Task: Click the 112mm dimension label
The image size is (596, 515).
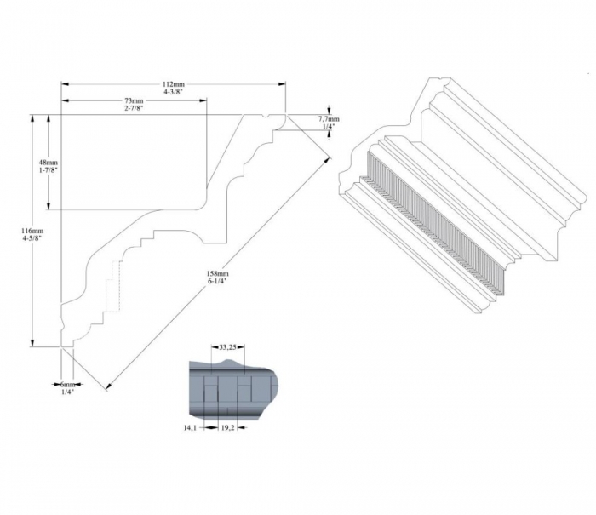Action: tap(174, 84)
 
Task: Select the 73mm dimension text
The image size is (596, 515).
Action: tap(134, 100)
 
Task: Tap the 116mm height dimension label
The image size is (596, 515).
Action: tap(32, 231)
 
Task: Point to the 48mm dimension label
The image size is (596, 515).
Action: tap(49, 163)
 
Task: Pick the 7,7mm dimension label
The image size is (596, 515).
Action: tap(329, 119)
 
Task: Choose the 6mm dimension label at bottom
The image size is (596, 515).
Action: tap(67, 384)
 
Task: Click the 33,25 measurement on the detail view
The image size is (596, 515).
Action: tap(228, 346)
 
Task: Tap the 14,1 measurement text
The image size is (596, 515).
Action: tap(190, 428)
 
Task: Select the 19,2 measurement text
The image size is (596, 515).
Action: tap(227, 428)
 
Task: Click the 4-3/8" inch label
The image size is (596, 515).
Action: tap(174, 92)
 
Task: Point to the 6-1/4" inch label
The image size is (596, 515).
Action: tap(217, 281)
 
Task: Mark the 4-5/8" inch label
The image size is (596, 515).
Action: tap(32, 238)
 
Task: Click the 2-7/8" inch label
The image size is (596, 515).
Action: tap(134, 108)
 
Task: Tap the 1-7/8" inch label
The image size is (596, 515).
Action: tap(49, 170)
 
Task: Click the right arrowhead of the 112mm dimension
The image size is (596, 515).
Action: tap(282, 84)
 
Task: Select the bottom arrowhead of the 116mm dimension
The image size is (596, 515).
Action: tap(32, 343)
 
